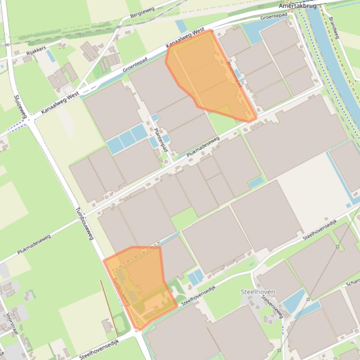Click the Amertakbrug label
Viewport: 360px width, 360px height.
(x=297, y=6)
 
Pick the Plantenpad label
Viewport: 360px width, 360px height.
(x=161, y=140)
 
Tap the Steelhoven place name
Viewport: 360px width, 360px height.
(x=257, y=292)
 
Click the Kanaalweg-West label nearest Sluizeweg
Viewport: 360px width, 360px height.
(x=59, y=103)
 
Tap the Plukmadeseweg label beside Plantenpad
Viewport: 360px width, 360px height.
(x=203, y=146)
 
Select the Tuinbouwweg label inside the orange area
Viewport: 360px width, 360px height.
(x=122, y=293)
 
